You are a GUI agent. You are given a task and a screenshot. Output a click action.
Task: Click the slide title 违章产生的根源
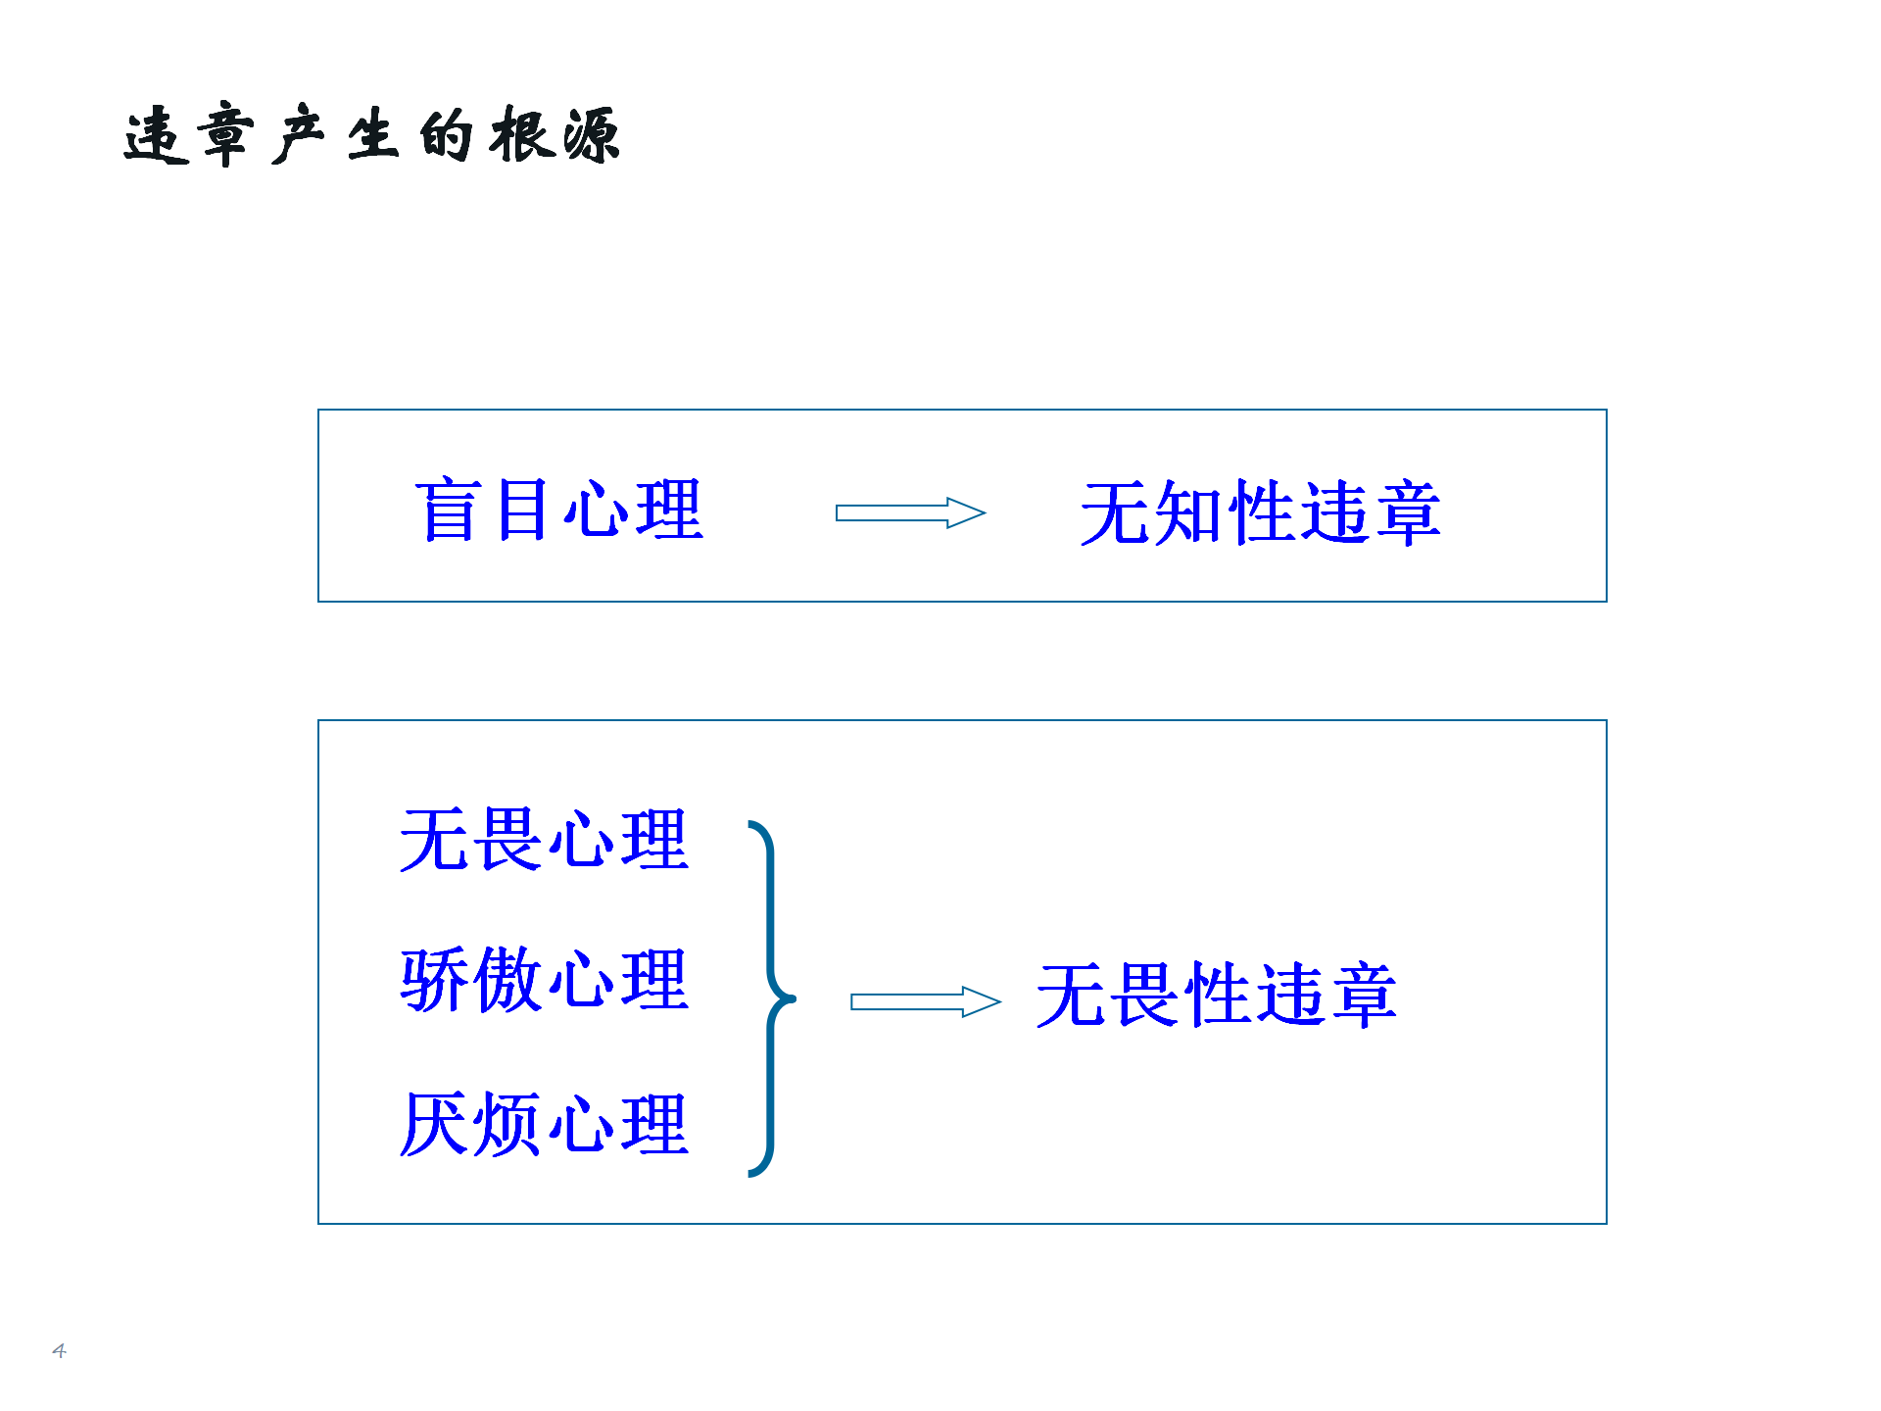click(372, 134)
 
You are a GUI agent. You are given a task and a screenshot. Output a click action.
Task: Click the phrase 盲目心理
click(558, 510)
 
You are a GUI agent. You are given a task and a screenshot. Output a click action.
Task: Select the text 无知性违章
click(1260, 512)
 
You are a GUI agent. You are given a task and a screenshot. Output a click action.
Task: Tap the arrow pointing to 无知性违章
click(910, 512)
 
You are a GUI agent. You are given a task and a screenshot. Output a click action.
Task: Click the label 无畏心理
click(545, 840)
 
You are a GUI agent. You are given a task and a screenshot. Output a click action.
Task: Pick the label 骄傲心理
click(545, 980)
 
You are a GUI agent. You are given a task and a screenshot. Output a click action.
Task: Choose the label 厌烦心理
click(545, 1124)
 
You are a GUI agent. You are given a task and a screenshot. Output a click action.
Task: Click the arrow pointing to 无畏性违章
click(926, 1001)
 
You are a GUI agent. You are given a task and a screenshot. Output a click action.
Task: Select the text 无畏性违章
click(1216, 995)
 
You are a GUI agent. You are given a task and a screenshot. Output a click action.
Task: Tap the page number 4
click(59, 1350)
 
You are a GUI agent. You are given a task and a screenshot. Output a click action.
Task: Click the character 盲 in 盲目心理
click(450, 510)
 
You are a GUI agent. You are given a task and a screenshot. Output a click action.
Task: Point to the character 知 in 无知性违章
click(1187, 512)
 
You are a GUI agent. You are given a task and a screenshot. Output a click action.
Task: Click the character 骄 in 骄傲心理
click(435, 980)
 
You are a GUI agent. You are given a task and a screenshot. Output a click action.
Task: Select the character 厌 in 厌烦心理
click(435, 1124)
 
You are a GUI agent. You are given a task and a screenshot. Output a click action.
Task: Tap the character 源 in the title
click(590, 134)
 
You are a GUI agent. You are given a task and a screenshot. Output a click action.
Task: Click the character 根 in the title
click(521, 134)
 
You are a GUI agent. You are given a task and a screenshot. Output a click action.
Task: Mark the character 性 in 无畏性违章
click(1216, 995)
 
